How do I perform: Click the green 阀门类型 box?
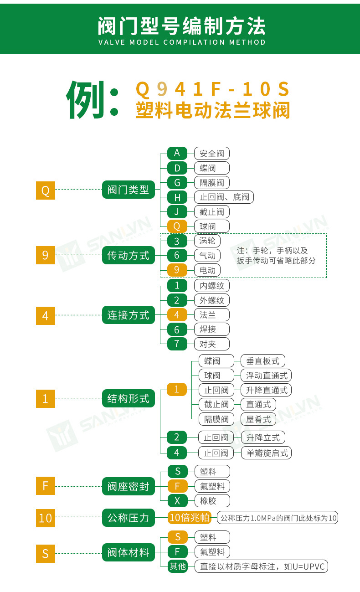128,189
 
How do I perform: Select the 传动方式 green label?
128,255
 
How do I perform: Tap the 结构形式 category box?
128,399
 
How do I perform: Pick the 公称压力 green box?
128,518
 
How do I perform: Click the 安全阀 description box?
211,153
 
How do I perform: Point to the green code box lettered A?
177,153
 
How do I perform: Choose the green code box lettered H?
177,197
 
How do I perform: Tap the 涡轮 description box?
207,240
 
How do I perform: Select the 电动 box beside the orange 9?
207,270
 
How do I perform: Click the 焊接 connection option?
211,329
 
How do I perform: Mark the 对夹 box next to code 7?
211,344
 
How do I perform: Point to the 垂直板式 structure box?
262,361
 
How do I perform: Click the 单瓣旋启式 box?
266,453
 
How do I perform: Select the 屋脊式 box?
258,419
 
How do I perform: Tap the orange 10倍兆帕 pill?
190,518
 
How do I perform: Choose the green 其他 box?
177,566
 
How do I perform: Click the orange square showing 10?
46,518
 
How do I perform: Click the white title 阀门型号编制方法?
181,26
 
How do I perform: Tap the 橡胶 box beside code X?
211,500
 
